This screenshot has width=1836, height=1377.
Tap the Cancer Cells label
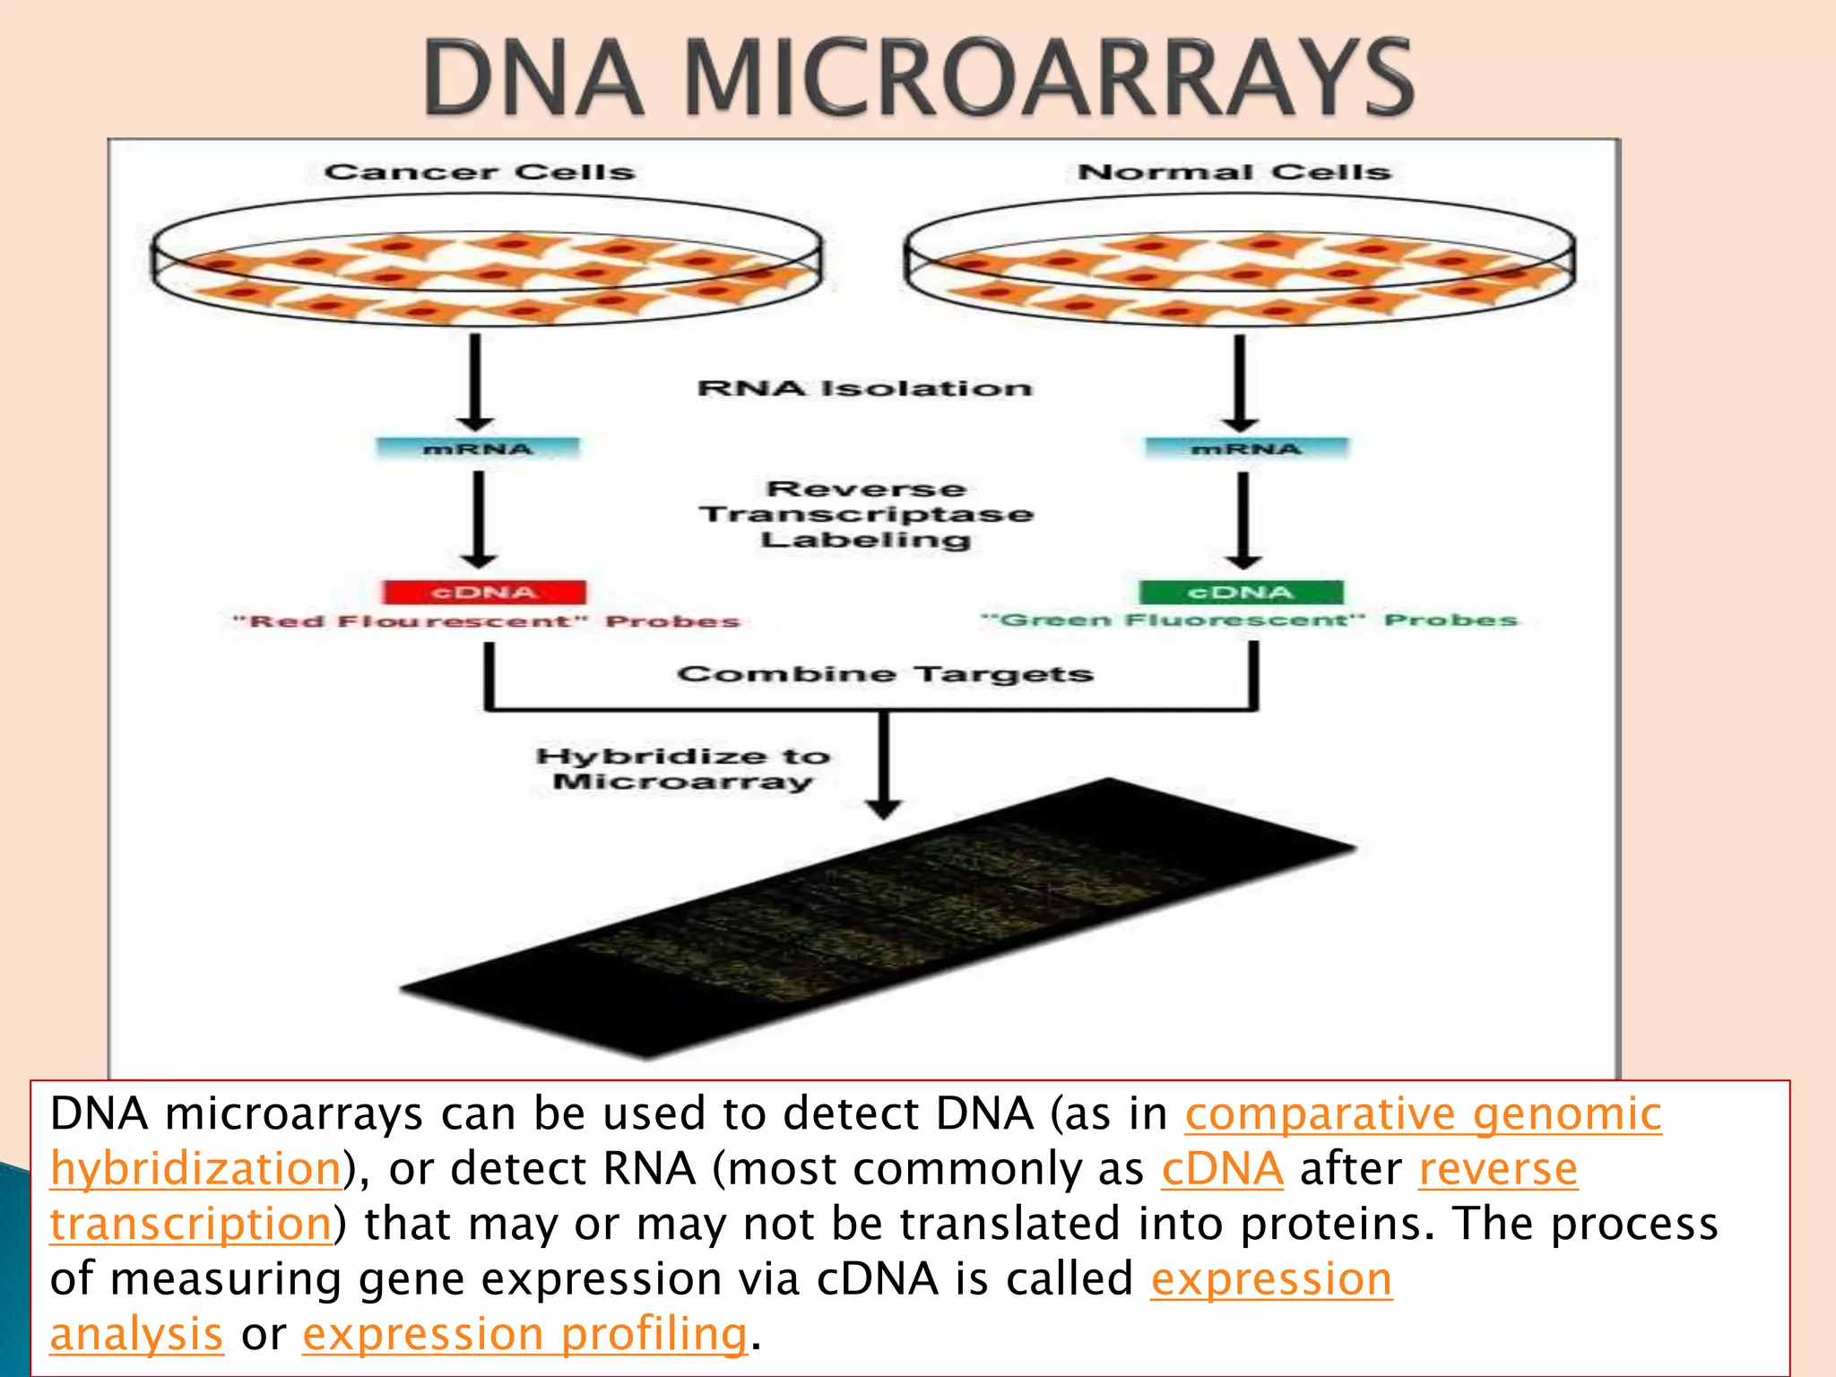click(480, 171)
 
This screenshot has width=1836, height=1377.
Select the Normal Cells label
click(1234, 171)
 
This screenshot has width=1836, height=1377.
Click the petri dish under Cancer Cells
click(486, 261)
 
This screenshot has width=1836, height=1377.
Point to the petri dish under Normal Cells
click(1240, 261)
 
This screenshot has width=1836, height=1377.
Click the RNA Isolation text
click(864, 388)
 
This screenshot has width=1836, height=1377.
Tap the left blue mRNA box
click(478, 448)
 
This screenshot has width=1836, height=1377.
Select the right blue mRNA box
click(1246, 448)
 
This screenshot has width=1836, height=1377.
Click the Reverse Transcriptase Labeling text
click(866, 514)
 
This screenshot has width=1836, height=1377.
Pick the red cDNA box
click(484, 593)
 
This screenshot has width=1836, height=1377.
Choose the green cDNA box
click(1242, 593)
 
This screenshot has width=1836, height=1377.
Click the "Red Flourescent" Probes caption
click(486, 621)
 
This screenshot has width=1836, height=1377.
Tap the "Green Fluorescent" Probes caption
click(1249, 619)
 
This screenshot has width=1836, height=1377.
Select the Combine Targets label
click(885, 673)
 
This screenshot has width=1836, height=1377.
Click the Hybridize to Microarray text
click(683, 768)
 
